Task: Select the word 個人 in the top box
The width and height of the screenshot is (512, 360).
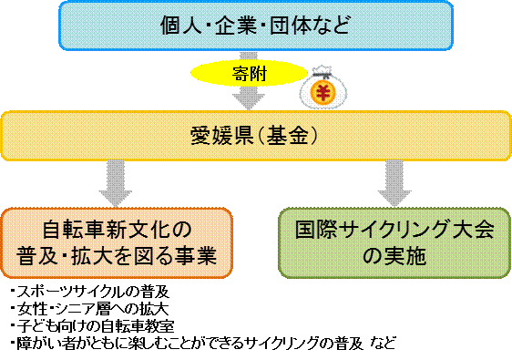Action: pos(179,26)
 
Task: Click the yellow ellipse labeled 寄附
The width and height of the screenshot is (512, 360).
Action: pos(246,72)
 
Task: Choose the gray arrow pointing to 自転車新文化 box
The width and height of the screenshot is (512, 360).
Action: pos(115,181)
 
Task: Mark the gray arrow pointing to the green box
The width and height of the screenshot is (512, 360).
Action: pos(394,181)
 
